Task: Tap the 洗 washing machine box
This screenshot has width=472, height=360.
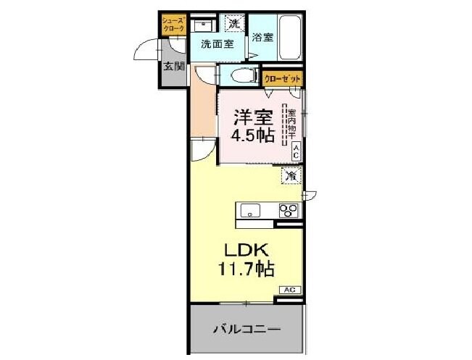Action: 233,23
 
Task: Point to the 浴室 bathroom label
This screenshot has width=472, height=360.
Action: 262,38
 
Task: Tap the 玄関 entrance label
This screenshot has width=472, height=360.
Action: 173,67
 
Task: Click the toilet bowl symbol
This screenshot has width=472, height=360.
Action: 241,75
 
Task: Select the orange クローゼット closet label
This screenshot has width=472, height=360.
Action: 282,78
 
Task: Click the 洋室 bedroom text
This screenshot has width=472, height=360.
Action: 252,116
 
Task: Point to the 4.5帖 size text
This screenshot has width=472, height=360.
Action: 252,135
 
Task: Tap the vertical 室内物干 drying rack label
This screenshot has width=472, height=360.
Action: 291,123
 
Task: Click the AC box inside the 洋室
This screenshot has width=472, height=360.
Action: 297,152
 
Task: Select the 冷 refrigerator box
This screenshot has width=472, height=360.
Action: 291,175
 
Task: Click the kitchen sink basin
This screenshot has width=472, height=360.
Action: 252,211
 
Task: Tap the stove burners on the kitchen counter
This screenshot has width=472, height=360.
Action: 289,211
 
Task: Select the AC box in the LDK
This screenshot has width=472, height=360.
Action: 289,290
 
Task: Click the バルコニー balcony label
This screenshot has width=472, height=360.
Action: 246,330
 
